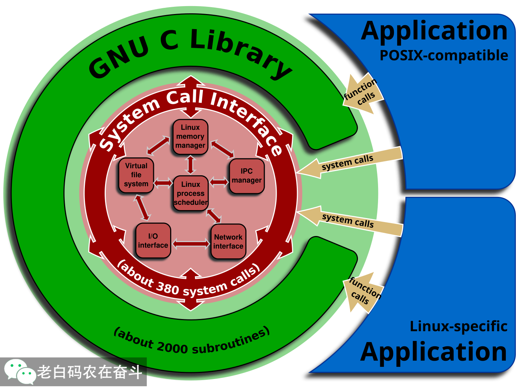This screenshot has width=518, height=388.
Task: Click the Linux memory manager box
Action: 190,137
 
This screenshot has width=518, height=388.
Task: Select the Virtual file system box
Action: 136,175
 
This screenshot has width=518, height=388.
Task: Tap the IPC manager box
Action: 247,176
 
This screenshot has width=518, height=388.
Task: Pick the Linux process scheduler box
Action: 191,193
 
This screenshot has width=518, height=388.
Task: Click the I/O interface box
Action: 153,241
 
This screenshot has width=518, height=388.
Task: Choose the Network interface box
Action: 228,241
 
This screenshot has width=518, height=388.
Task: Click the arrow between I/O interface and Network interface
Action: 191,244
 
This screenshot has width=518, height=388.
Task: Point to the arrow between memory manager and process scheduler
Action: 190,165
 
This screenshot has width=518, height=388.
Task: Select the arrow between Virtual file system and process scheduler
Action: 163,183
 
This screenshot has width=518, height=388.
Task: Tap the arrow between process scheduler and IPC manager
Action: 219,182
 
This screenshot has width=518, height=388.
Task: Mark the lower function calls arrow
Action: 363,292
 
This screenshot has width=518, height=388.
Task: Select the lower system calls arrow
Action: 349,221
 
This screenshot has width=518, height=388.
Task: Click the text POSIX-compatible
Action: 444,56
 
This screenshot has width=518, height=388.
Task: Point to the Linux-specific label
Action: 458,326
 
